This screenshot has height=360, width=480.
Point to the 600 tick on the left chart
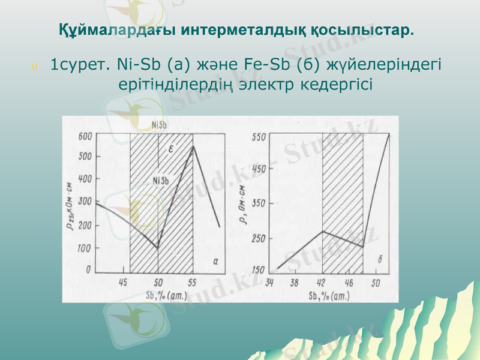click(86, 136)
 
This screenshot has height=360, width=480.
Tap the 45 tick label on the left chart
click(123, 281)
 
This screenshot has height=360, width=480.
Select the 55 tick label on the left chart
click(192, 281)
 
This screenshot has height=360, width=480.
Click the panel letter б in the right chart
click(380, 260)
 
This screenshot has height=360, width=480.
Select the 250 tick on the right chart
click(258, 238)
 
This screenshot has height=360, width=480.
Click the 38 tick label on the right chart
click(295, 281)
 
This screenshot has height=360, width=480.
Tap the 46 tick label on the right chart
click(349, 281)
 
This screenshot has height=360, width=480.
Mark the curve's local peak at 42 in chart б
click(323, 231)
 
